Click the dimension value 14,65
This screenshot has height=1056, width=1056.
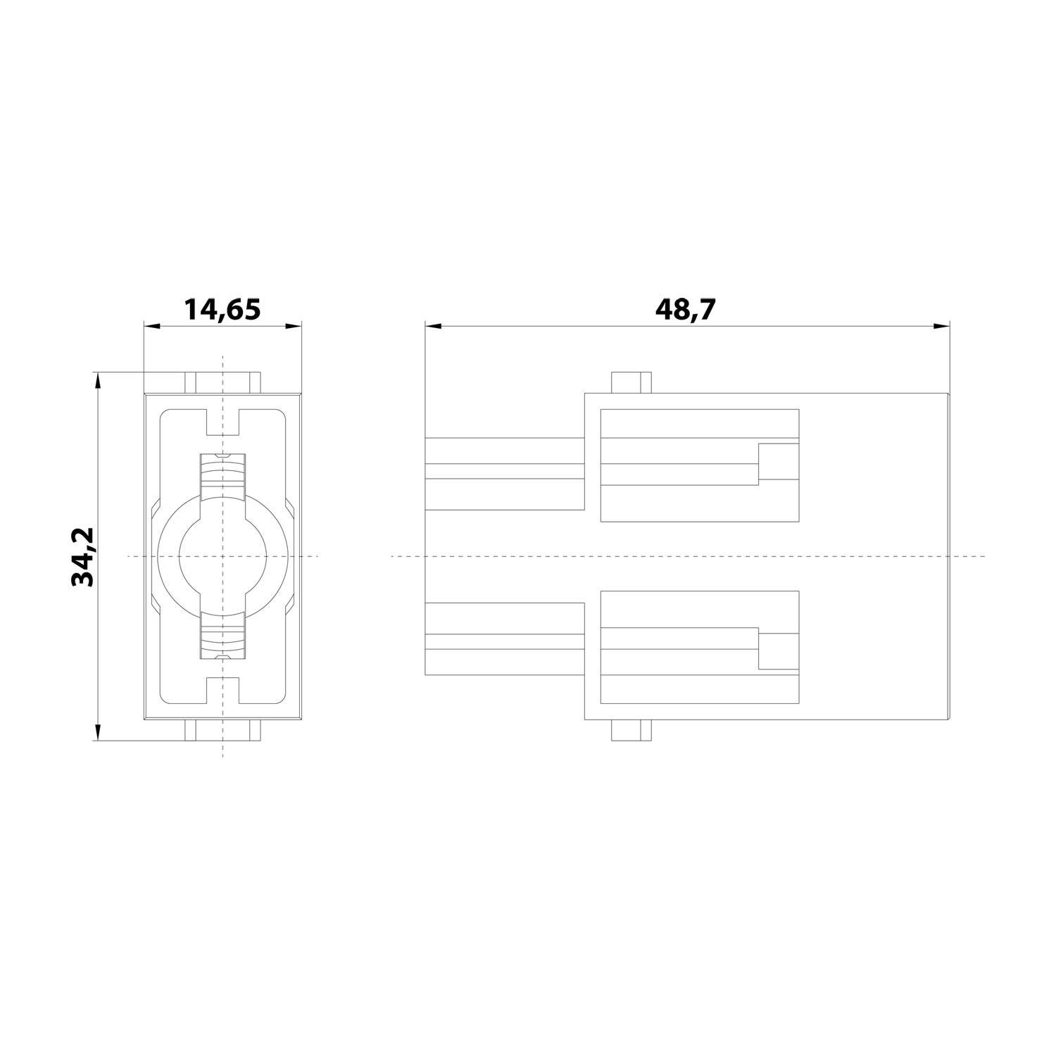[x=222, y=310]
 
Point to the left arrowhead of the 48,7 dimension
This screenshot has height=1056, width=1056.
[x=433, y=326]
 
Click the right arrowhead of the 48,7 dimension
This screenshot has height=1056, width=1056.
[x=942, y=326]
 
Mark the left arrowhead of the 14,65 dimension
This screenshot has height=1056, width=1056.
[x=151, y=326]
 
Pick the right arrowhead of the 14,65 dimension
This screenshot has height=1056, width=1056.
[x=294, y=326]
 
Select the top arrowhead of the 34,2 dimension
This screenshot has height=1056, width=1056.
[x=98, y=379]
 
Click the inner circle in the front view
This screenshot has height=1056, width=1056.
[x=222, y=556]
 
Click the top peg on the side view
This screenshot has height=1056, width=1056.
[x=629, y=382]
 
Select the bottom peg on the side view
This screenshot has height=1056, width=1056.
[x=629, y=730]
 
